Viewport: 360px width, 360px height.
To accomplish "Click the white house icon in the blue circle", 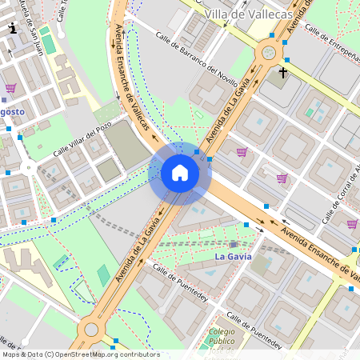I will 180,173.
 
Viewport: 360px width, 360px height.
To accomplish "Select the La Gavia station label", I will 234,257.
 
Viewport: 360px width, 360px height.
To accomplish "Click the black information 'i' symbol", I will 13,28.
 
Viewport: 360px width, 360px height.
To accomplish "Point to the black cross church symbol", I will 282,72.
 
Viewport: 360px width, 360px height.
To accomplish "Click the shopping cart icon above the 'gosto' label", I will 10,88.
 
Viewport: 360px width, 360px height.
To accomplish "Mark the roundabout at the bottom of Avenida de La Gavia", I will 90,329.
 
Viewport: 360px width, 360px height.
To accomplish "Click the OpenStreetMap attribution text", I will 80,354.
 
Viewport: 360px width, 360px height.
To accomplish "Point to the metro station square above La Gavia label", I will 233,243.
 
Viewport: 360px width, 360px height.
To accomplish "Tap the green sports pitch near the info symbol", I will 49,43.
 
